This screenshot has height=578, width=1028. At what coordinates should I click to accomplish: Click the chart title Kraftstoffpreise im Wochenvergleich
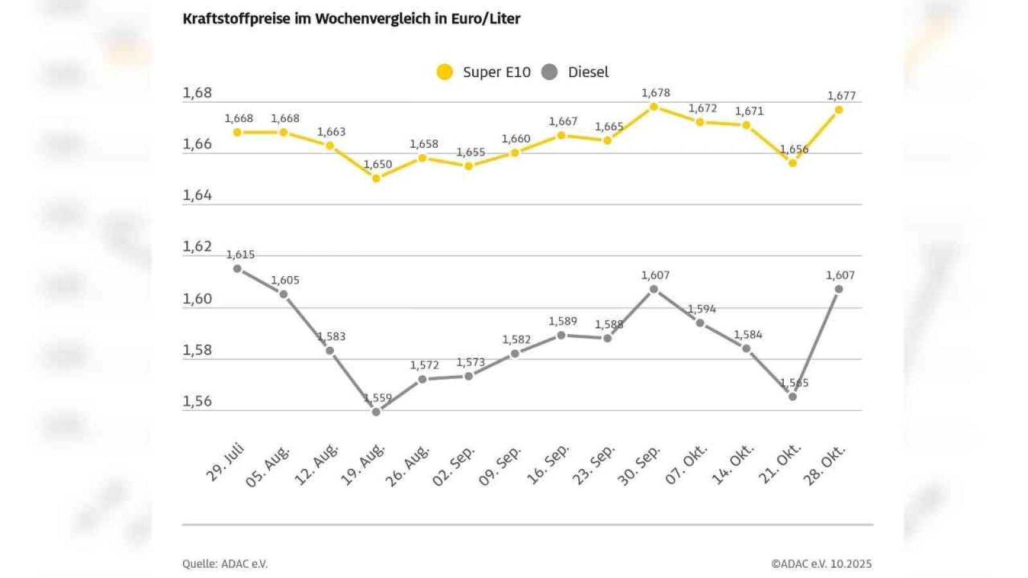coord(351,19)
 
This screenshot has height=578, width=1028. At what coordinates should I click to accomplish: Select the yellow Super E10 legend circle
coord(445,72)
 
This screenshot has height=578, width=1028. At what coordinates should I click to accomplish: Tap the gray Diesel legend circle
coord(549,72)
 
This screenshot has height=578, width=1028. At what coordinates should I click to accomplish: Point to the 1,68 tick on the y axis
coord(197,93)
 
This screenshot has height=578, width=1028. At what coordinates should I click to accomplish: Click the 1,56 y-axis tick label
coord(197,401)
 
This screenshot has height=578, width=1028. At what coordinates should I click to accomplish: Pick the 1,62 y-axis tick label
coord(197,247)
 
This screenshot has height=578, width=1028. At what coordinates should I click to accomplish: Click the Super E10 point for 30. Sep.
coord(653,107)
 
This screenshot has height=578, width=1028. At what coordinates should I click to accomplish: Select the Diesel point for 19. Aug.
coord(377,412)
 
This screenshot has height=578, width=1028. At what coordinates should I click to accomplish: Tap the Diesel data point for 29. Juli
coord(237,268)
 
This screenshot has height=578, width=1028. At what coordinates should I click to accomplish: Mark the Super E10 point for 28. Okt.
coord(838,110)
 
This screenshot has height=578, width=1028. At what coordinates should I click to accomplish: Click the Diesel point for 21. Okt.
coord(792,397)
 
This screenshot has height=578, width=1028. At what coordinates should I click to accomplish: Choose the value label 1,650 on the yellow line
coord(378,164)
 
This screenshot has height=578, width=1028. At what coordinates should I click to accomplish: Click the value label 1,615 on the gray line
coord(240,255)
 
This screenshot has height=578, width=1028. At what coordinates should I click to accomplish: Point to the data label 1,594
coord(702,309)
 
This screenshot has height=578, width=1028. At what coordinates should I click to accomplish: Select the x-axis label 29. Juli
coord(225,462)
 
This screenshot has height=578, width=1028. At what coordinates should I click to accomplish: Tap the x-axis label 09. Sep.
coord(500,465)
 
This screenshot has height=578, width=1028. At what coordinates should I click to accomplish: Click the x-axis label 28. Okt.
coord(824,465)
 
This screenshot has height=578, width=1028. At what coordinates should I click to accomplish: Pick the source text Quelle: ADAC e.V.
coord(225,564)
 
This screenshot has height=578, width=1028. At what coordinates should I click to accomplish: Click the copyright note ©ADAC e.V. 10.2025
coord(821,564)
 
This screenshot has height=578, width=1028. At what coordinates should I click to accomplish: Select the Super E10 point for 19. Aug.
coord(377,178)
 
